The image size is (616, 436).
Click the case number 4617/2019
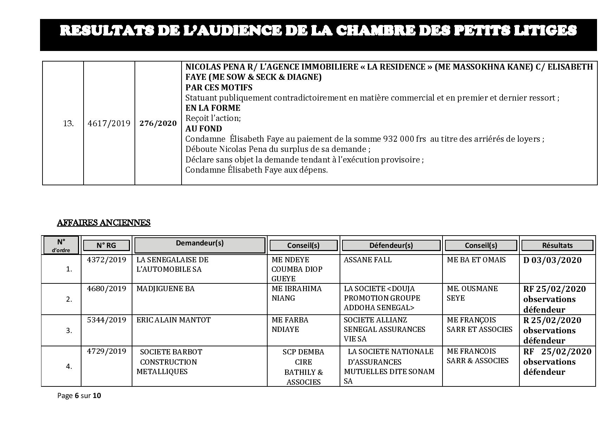coord(109,123)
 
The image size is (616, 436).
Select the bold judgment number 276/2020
coord(158,123)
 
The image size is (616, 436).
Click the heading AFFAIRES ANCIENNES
coord(104,223)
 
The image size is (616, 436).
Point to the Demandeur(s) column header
coord(199,243)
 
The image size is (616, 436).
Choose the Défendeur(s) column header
coord(391,245)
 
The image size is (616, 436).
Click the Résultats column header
coord(557,245)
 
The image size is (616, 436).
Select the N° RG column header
coord(106,245)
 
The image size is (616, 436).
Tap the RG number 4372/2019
coord(106,260)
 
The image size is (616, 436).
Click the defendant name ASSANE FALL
coord(367,260)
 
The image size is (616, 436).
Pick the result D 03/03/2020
coord(552,260)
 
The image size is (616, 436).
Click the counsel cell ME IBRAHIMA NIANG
coord(296,293)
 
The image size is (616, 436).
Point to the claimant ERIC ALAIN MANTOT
coord(173,320)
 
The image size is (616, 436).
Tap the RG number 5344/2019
coord(106,320)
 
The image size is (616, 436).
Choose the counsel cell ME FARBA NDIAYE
coord(290,325)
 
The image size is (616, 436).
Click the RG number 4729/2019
coord(106,351)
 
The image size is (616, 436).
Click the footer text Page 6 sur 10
coord(79,396)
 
